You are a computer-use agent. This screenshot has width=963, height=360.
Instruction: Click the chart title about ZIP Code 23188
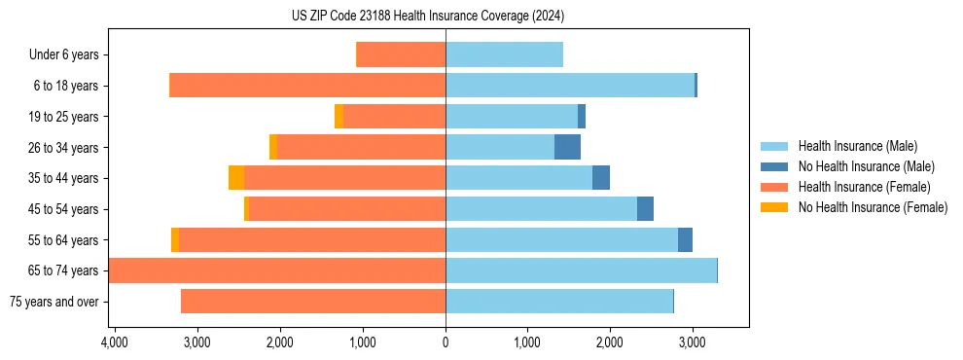coord(427,17)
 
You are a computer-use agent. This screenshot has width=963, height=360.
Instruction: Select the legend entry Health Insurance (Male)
coord(857,146)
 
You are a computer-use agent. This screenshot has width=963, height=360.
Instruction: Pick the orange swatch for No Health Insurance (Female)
coord(775,207)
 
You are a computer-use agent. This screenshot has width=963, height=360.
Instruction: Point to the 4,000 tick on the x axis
coord(115,342)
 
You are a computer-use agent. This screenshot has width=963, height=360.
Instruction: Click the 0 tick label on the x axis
coord(446,342)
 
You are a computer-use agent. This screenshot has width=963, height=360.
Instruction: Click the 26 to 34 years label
coord(66,148)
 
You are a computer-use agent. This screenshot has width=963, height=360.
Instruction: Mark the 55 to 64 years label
coord(66,240)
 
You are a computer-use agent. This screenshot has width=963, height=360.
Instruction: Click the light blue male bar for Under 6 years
coord(504,55)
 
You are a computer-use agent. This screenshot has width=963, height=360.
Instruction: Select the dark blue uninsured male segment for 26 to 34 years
coord(567,148)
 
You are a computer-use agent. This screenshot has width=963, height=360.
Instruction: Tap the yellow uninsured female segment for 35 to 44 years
coord(236,178)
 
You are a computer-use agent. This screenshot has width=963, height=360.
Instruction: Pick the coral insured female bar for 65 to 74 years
coord(277,270)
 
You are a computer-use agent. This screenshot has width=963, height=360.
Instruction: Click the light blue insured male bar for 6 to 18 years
coord(570,86)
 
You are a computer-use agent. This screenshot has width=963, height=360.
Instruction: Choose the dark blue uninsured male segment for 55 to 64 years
coord(685,240)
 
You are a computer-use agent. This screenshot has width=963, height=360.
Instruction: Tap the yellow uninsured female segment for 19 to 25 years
coord(339,117)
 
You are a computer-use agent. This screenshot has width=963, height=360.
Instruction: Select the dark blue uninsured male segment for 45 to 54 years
coord(645,209)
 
